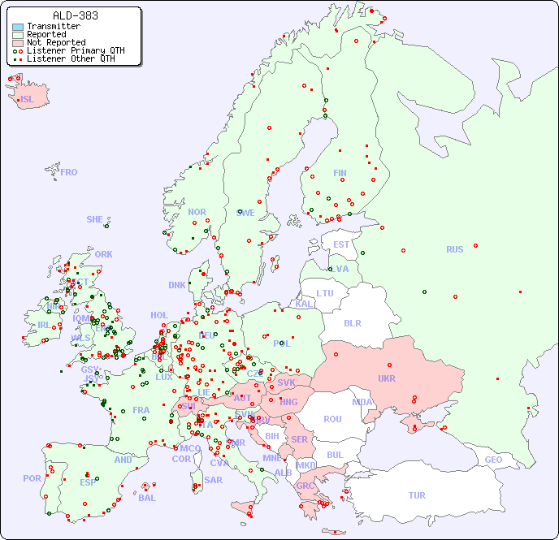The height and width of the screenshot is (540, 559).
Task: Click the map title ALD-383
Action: pos(76,15)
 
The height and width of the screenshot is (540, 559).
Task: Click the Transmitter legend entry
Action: pos(53,26)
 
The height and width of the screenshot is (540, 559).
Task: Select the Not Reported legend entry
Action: pos(55,42)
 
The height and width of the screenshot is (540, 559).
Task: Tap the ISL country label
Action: pos(28,100)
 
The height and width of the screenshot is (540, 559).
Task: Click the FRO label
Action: pos(69,172)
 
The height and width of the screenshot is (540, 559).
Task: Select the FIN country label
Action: pos(340,173)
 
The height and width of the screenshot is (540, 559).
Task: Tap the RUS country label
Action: pos(454,249)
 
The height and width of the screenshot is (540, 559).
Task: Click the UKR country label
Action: pos(387,378)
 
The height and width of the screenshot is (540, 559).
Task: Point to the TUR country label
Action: pos(417,495)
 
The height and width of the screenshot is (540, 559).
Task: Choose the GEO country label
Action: pos(493,460)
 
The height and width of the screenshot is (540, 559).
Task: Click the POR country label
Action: pos(32,478)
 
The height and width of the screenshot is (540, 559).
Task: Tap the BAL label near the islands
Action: pos(146,498)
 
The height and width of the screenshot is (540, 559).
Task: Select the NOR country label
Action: pos(197,212)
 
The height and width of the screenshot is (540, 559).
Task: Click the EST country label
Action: pos(341,244)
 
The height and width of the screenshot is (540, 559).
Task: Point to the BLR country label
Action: pos(353,322)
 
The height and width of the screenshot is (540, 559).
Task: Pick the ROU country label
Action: pos(332,419)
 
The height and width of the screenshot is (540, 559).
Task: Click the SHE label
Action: pos(95,219)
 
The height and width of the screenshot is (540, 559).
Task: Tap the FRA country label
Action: pos(141,410)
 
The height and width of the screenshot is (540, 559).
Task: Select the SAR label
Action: pos(213,479)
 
